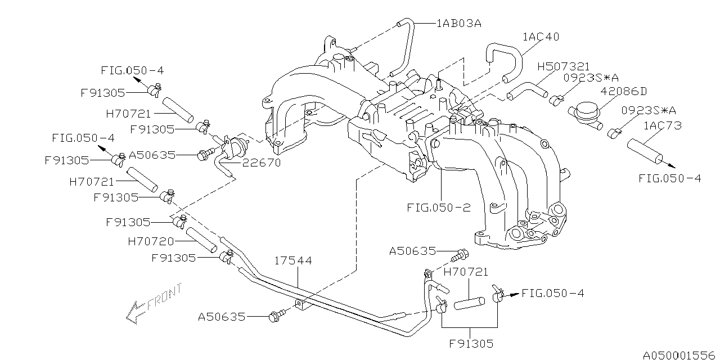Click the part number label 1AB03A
pos(460,24)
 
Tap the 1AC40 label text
pos(541,37)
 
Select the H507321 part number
pos(564,67)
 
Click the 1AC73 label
pos(662,125)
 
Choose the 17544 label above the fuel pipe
pos(293,261)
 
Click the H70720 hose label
pos(151,241)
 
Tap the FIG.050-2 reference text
pos(439,208)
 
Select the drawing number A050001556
pos(679,354)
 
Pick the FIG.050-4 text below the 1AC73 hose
pos(669,178)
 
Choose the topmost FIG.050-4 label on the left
pos(132,70)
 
